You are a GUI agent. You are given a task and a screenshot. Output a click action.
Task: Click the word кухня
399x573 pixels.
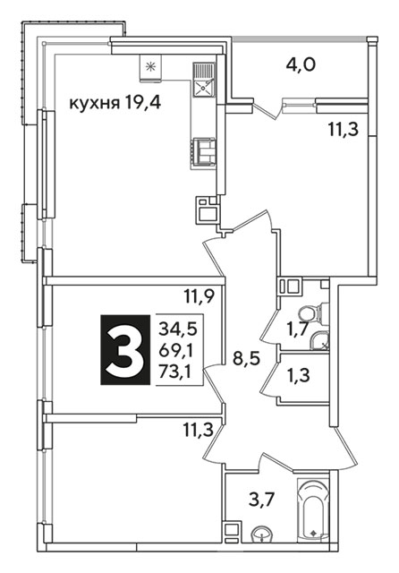94,104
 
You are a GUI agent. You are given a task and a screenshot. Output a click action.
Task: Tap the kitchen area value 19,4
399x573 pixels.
142,104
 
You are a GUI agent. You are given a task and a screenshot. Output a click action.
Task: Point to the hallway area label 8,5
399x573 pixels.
246,358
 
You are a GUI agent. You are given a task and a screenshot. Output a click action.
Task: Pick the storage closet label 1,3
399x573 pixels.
298,375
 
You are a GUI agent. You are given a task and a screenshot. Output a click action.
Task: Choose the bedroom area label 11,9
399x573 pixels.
199,296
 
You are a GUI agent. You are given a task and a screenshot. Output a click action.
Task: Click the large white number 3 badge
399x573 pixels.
125,350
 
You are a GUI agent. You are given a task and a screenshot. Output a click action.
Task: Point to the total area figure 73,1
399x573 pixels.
176,372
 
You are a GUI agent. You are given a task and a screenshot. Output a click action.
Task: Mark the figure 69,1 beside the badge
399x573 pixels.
176,351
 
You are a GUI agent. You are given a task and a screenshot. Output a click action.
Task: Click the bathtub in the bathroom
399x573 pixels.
313,509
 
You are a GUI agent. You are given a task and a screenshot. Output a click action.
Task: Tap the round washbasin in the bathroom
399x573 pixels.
262,535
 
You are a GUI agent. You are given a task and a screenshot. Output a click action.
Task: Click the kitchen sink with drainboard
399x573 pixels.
204,80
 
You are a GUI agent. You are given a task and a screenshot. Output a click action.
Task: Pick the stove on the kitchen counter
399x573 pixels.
204,153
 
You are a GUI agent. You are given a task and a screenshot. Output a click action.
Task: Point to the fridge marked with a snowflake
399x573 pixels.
150,68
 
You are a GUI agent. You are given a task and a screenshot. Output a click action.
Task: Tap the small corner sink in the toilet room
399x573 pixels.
319,341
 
